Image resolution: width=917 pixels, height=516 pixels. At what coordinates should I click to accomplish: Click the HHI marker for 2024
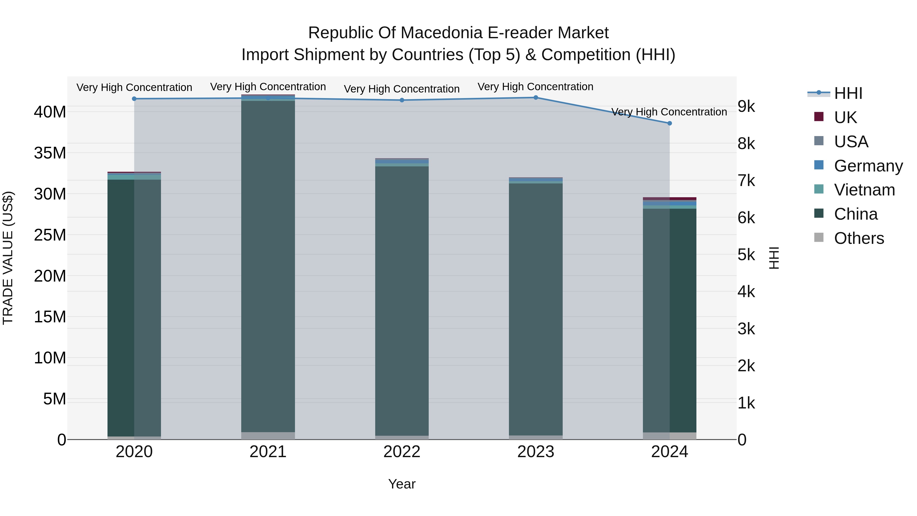pos(669,123)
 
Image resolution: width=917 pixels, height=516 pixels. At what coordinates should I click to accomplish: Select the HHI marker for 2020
pos(134,99)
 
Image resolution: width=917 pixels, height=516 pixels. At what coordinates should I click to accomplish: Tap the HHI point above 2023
pos(535,98)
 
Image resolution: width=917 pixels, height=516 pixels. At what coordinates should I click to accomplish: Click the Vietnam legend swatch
pos(819,189)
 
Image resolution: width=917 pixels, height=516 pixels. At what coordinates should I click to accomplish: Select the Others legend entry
pos(859,238)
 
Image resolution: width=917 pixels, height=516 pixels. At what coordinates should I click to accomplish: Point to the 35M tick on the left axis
pos(50,153)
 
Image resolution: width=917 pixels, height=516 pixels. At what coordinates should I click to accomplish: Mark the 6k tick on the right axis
pos(746,218)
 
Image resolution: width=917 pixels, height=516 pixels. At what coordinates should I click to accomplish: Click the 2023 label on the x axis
pos(535,452)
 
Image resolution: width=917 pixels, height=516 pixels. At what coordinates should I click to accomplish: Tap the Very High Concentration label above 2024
pos(669,112)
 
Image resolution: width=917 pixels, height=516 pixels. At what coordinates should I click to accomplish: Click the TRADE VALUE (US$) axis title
pos(8,258)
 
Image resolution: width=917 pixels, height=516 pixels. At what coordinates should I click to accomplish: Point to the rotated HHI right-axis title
pos(774,258)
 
